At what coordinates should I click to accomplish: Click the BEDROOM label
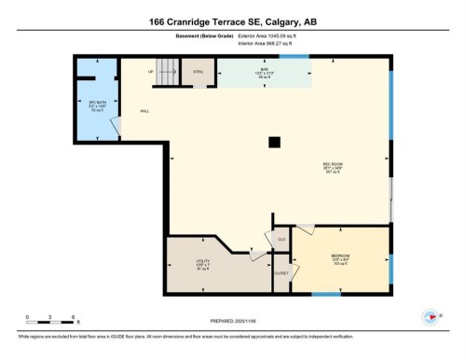point(340,256)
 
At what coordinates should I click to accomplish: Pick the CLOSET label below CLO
point(281,272)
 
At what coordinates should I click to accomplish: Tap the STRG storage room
point(198,71)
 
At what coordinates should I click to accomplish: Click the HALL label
point(144,111)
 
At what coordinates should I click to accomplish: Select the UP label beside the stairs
point(149,71)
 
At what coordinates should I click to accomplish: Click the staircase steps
point(167,69)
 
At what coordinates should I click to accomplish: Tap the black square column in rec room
point(273,143)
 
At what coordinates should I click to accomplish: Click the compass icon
point(430,316)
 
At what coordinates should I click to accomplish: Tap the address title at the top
point(233,21)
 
